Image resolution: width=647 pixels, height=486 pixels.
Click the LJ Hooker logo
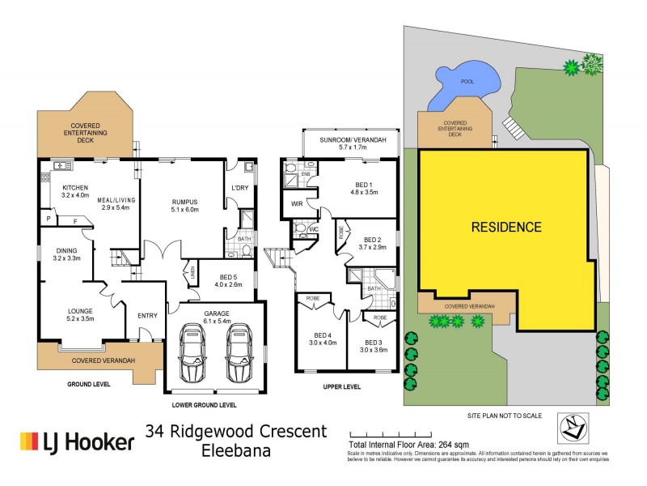[x=77, y=441]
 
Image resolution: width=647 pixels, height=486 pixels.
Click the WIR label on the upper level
[x=298, y=203]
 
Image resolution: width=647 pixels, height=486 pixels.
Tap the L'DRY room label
[x=239, y=189]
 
